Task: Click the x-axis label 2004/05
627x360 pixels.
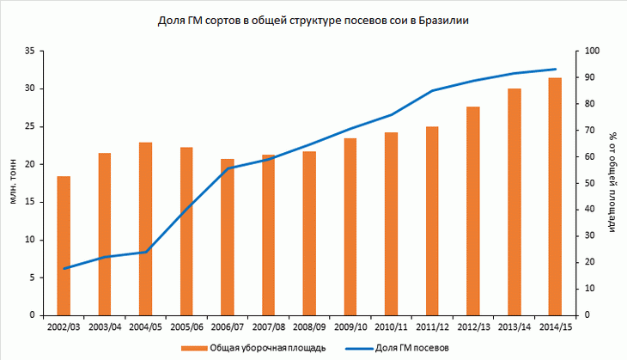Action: coord(145,326)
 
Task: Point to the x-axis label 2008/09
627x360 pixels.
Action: coord(309,326)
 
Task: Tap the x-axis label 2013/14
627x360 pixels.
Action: coord(514,326)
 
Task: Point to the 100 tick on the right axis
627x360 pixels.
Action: coord(588,52)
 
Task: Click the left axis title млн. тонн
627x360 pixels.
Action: coord(12,184)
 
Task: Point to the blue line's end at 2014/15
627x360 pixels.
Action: coord(555,70)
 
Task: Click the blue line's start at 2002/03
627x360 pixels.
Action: coord(64,269)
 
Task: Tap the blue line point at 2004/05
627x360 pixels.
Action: coord(145,252)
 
